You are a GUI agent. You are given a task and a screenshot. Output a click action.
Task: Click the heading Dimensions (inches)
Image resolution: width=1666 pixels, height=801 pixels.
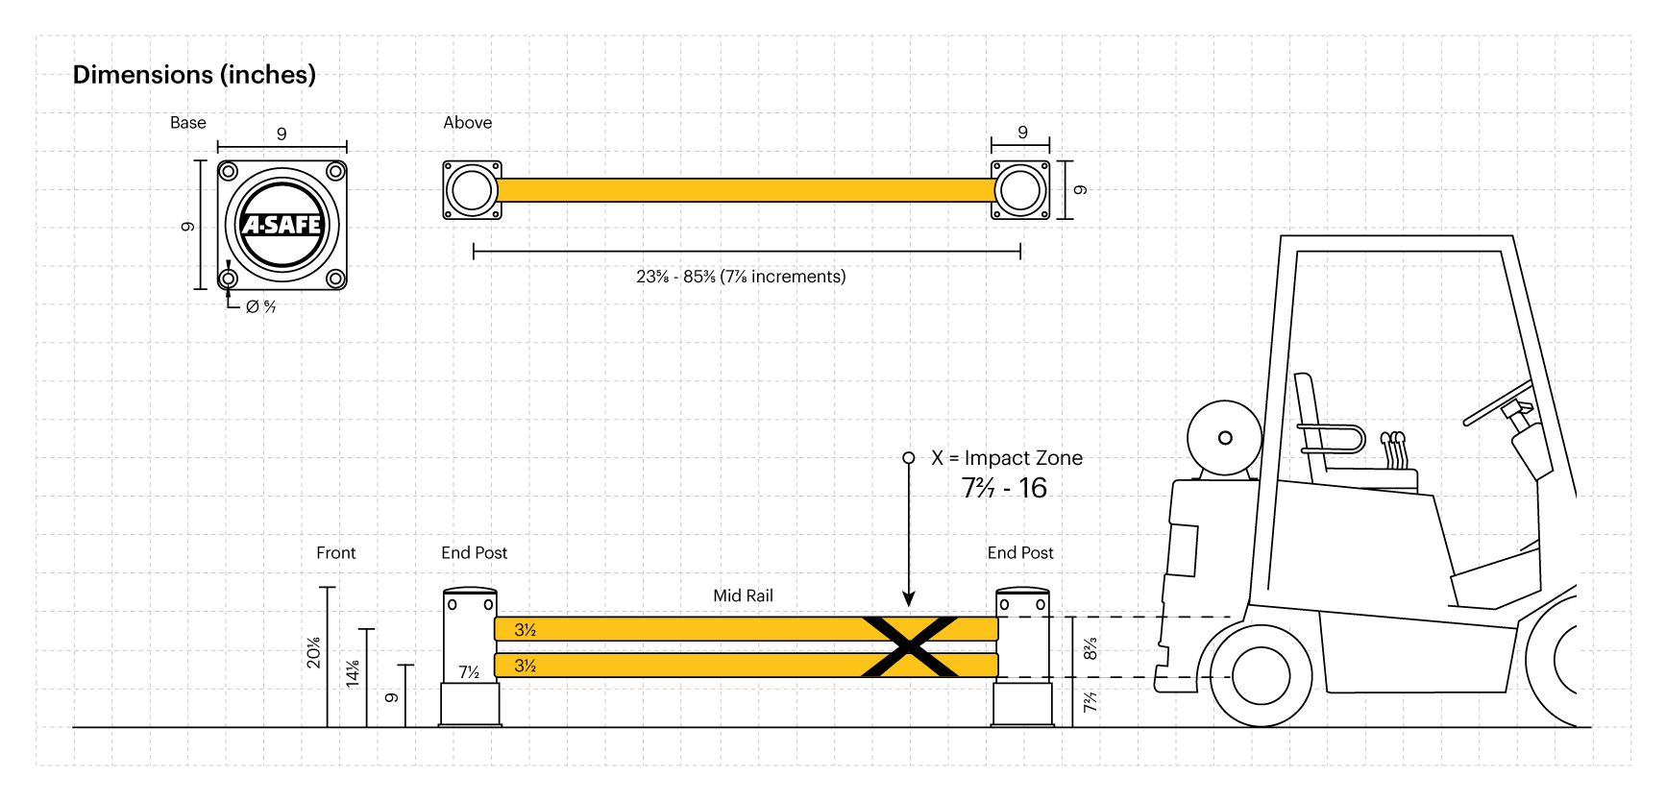point(194,75)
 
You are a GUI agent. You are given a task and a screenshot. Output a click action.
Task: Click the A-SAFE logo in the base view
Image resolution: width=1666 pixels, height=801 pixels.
point(282,225)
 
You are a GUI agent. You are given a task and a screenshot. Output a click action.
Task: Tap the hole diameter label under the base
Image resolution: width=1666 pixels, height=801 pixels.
point(260,306)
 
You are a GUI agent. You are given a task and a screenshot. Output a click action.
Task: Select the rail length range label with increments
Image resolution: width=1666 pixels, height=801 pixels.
point(741,277)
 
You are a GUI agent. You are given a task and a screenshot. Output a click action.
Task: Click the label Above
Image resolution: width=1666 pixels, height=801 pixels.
point(467,123)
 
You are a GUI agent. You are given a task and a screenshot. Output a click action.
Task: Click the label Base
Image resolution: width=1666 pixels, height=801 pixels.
point(188,123)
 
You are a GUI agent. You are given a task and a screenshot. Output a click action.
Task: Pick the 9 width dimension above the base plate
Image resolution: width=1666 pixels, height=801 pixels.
point(282,134)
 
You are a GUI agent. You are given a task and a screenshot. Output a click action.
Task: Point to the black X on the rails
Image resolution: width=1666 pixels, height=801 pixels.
point(909,646)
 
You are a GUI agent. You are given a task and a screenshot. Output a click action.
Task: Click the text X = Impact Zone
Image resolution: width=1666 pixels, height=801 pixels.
point(1006,458)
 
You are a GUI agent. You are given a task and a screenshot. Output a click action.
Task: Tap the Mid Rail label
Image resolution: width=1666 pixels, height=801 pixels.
point(743,595)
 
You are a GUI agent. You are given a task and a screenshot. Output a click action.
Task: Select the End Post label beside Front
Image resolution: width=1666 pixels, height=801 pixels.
point(474,553)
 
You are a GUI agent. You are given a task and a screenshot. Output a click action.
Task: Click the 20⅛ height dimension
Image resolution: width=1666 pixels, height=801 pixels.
point(313,652)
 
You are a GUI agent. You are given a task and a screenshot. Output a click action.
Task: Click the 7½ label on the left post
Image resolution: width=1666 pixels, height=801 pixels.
point(469,672)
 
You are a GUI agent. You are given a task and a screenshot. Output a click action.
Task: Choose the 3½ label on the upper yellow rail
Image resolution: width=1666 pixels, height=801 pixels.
point(525,630)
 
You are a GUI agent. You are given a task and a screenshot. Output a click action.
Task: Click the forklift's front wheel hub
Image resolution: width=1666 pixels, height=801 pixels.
point(1261,675)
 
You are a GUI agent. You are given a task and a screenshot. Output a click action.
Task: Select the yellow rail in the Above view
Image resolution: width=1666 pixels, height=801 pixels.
point(745,190)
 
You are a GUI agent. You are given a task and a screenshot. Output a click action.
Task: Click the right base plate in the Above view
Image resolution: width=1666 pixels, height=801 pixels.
point(1020,190)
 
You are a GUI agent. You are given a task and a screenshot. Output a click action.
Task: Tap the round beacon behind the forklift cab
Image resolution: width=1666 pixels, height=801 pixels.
point(1224,438)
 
